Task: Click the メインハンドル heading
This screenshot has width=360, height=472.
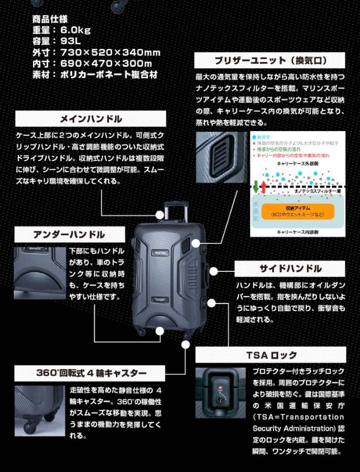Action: coord(91,119)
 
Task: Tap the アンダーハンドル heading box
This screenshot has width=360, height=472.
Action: coord(69,234)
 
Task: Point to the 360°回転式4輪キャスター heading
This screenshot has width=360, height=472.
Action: coord(91,373)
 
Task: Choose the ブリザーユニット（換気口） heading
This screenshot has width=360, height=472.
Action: coord(270,60)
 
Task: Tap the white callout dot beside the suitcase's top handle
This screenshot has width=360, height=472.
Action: coord(160,215)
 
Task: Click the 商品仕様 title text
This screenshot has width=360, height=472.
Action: coord(50,19)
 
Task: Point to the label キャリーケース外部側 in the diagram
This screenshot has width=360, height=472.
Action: coord(297,163)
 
